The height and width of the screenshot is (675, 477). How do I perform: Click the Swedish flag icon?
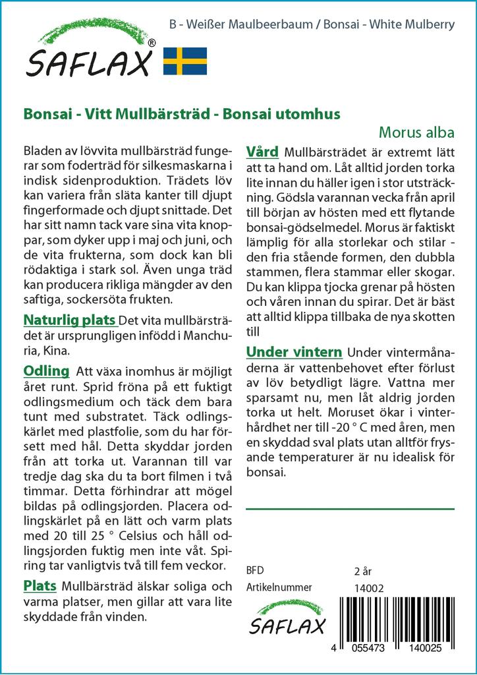coord(185,61)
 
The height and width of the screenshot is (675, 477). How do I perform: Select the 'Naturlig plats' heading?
coord(70,321)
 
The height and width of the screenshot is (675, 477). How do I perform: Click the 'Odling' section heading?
coord(46,370)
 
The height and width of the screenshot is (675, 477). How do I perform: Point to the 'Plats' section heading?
coord(40,585)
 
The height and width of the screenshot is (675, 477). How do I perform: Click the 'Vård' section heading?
coord(262,152)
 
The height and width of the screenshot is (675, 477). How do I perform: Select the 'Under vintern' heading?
coord(294,352)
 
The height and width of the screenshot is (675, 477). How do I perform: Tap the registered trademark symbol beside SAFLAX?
coord(152,43)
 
